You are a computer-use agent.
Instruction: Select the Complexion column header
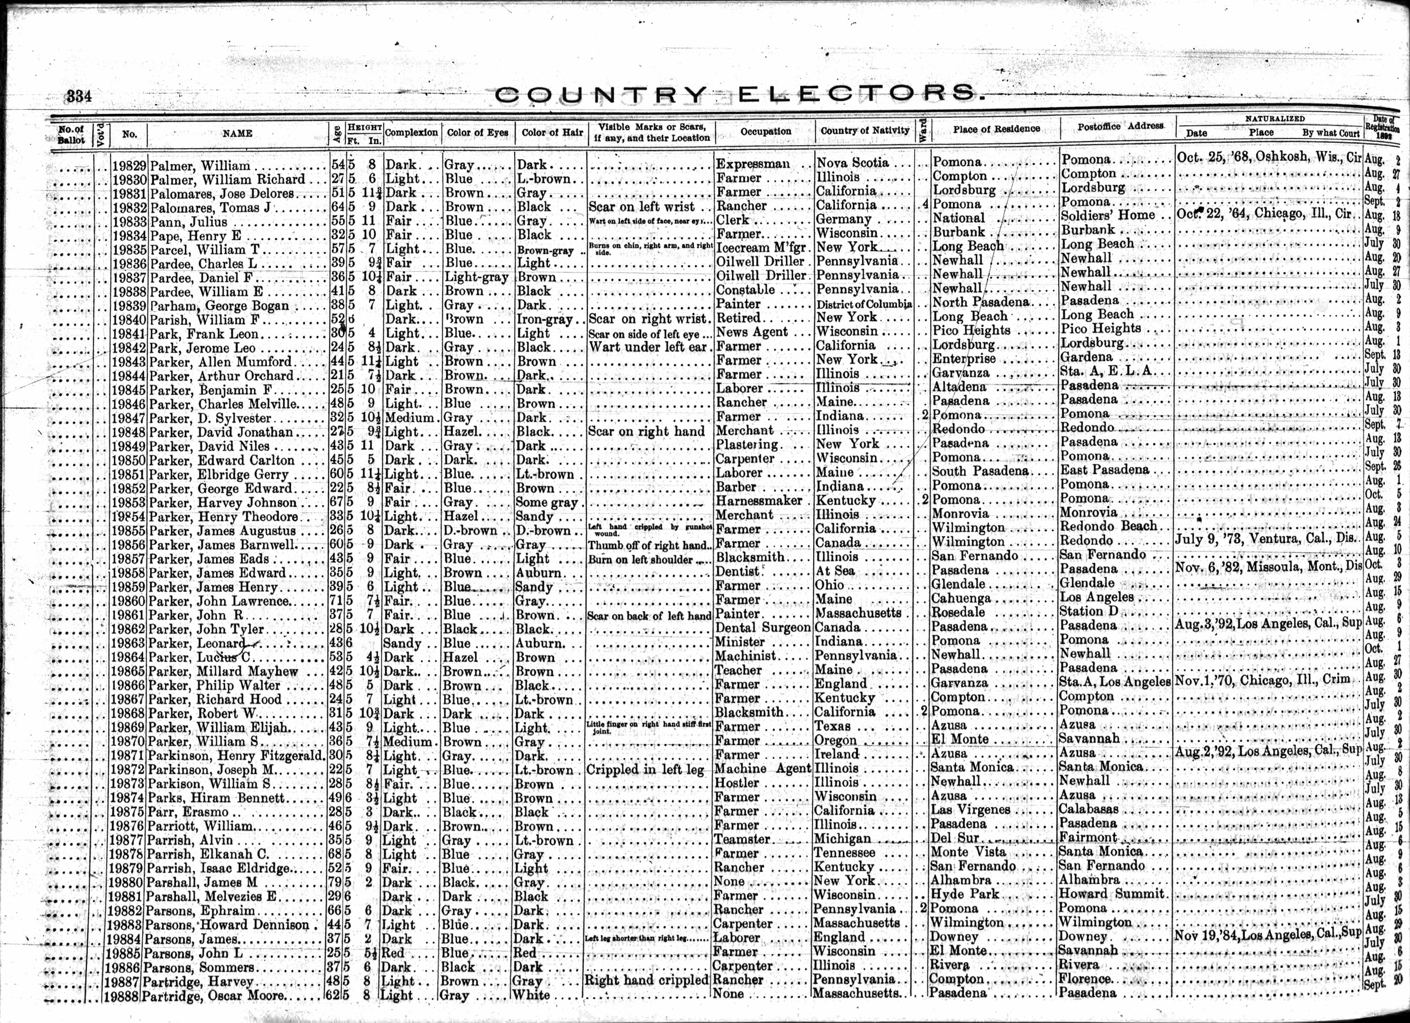click(411, 132)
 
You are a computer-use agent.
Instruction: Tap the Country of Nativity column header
click(864, 130)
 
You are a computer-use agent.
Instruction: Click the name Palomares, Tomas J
click(209, 207)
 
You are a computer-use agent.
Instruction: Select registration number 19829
click(129, 166)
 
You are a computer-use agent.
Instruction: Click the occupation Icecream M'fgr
click(761, 248)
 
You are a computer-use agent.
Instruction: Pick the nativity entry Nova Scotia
click(852, 163)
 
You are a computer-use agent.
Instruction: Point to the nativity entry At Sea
click(835, 571)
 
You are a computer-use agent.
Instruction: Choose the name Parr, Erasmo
click(186, 812)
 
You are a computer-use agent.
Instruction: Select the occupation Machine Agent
click(762, 769)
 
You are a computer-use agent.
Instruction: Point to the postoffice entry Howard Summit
click(1110, 894)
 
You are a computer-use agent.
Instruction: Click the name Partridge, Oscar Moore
click(213, 995)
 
